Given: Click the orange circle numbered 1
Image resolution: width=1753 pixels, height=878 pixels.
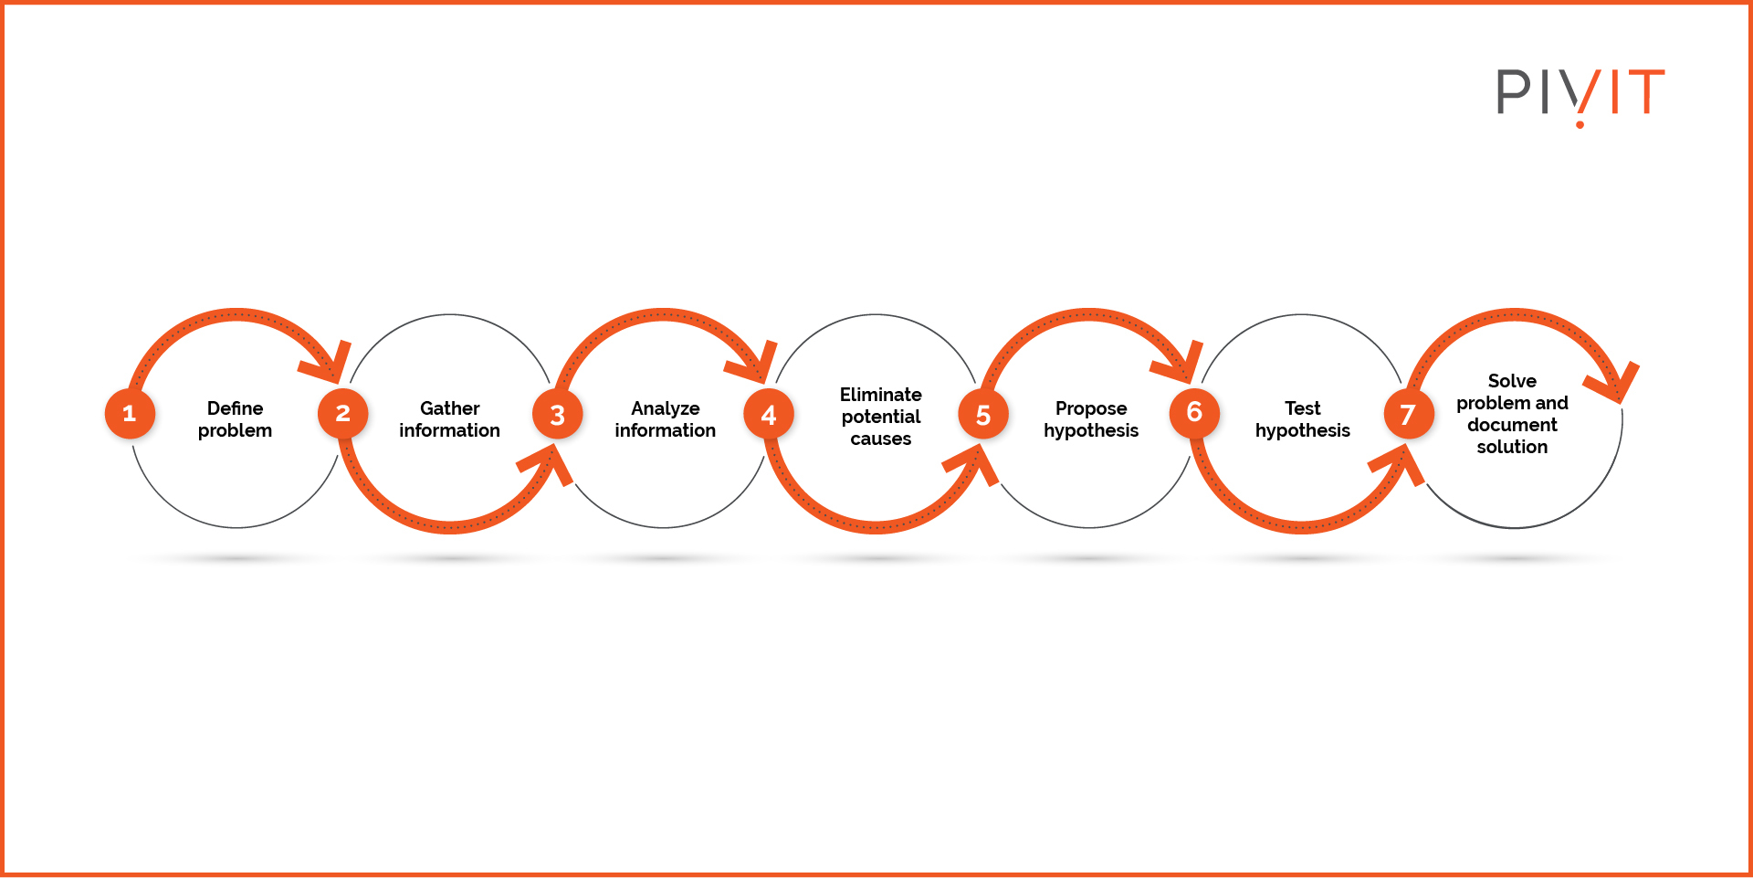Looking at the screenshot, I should pos(130,414).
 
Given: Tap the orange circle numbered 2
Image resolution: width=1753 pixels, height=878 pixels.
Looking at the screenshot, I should pos(342,414).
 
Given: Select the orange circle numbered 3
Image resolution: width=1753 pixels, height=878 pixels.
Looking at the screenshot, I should pos(557,415).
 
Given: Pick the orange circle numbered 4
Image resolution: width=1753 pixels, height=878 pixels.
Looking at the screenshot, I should pos(769,415).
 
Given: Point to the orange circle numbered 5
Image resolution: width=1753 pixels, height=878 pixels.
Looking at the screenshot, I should pos(983,415).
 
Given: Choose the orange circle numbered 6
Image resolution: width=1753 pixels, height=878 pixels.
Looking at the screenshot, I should pos(1194,413).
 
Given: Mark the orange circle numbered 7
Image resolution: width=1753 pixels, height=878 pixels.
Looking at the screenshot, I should pos(1408,415).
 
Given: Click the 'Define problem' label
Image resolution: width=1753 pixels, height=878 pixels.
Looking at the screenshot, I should pos(235,419).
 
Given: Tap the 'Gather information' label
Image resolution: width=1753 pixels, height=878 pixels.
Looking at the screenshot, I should pos(449,419).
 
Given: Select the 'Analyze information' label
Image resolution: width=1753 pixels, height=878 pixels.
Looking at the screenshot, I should pos(665,419).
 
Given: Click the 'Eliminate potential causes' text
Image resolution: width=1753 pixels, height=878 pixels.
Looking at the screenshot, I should pos(880,417).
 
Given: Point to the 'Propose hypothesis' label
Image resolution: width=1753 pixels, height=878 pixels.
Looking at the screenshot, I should pos(1091,419).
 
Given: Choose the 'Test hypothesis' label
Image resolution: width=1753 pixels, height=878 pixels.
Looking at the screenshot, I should pos(1302,419).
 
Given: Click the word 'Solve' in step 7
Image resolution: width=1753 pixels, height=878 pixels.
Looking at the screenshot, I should pos(1512,381).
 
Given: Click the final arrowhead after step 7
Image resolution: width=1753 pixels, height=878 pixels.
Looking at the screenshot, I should pos(1616,382).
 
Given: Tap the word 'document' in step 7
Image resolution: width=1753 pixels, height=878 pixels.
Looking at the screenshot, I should pos(1512,425).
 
